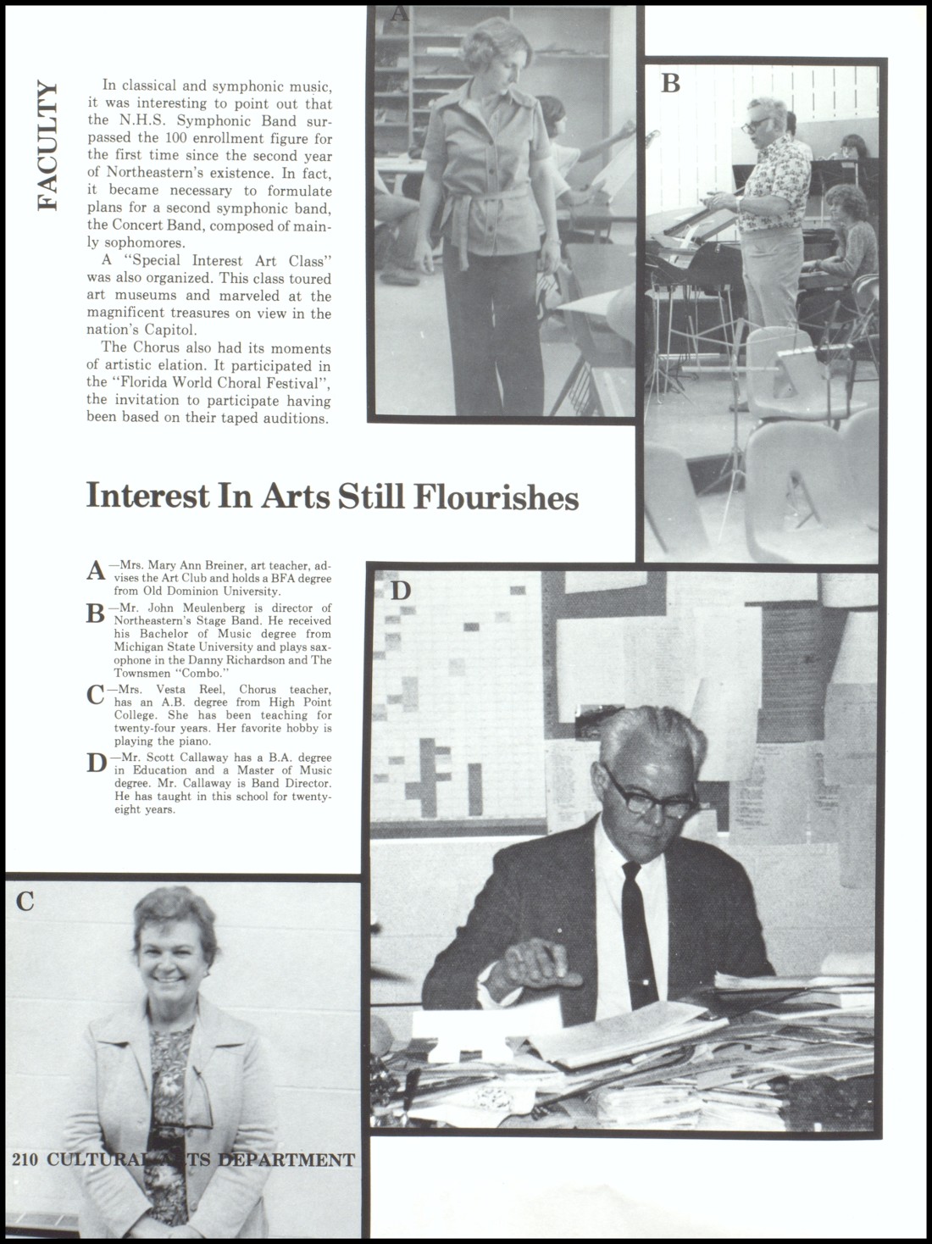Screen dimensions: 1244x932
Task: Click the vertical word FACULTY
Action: [x=47, y=146]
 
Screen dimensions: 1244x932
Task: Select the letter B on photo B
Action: [x=670, y=83]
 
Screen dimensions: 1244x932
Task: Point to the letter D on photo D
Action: [x=400, y=591]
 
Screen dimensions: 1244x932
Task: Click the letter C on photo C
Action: [x=25, y=902]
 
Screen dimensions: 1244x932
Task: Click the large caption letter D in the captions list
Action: [x=97, y=764]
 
